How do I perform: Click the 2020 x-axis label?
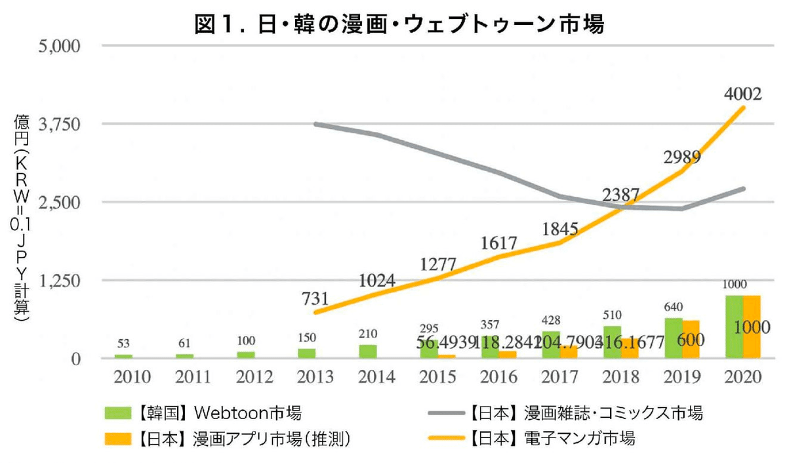tap(742, 377)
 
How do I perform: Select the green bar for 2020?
tap(734, 327)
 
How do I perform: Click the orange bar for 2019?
tap(691, 339)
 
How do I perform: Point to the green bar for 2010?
tap(123, 356)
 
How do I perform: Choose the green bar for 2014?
tap(368, 352)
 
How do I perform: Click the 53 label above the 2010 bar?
tap(123, 343)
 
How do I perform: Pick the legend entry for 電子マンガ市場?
tap(551, 438)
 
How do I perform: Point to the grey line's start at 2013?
tap(316, 123)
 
